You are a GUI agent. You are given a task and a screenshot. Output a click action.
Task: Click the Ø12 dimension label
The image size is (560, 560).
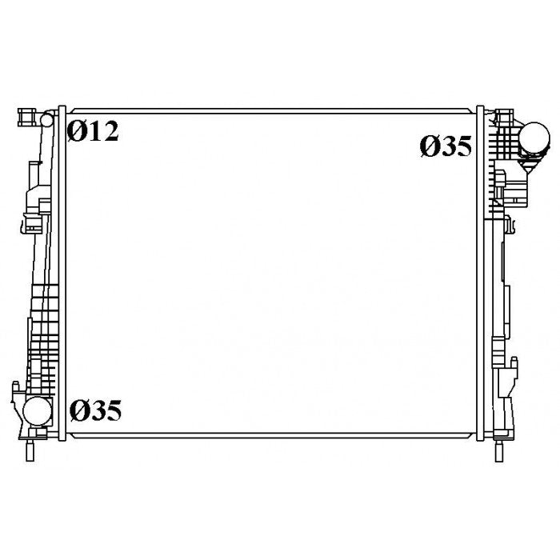tap(93, 131)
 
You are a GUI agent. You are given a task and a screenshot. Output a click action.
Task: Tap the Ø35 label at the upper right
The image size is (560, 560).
tap(446, 146)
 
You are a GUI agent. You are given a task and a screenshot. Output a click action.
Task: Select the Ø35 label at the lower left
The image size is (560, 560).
tap(96, 410)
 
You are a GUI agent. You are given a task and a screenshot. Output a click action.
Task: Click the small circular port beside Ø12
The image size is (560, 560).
tap(46, 120)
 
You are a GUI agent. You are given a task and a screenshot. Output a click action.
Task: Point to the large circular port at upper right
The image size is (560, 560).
tap(534, 137)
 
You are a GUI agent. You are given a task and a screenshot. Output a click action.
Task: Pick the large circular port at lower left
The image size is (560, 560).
tap(38, 411)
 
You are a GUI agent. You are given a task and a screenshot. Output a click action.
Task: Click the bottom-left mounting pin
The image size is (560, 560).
tap(30, 451)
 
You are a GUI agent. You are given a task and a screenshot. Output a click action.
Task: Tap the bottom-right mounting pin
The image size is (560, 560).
tap(499, 451)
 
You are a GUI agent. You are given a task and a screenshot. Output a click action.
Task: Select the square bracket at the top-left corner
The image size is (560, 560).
tap(27, 117)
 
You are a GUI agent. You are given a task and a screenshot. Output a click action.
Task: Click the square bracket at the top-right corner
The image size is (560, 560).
tap(504, 117)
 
